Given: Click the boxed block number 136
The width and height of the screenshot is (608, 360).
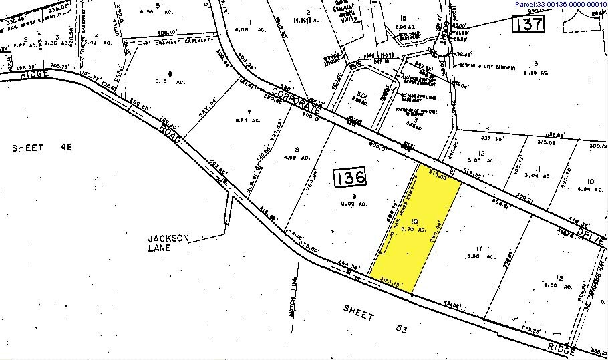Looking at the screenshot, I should click(351, 178).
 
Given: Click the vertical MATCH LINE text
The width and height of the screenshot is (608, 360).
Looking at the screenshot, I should click(293, 298).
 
